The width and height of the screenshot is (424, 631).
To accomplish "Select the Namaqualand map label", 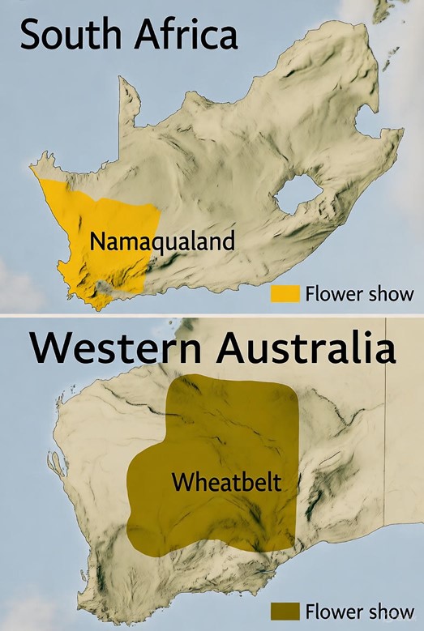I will coord(162,241).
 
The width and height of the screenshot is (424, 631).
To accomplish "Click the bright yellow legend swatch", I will coord(286,292).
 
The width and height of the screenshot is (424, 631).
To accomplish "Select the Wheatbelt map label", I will coord(226,484).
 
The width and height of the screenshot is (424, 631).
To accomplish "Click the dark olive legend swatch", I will coord(286,610).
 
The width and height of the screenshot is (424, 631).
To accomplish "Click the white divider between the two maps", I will coord(212,315).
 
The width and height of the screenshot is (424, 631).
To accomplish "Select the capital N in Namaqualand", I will coord(97,241).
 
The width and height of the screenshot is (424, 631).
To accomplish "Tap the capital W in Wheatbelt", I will coord(181,484).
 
